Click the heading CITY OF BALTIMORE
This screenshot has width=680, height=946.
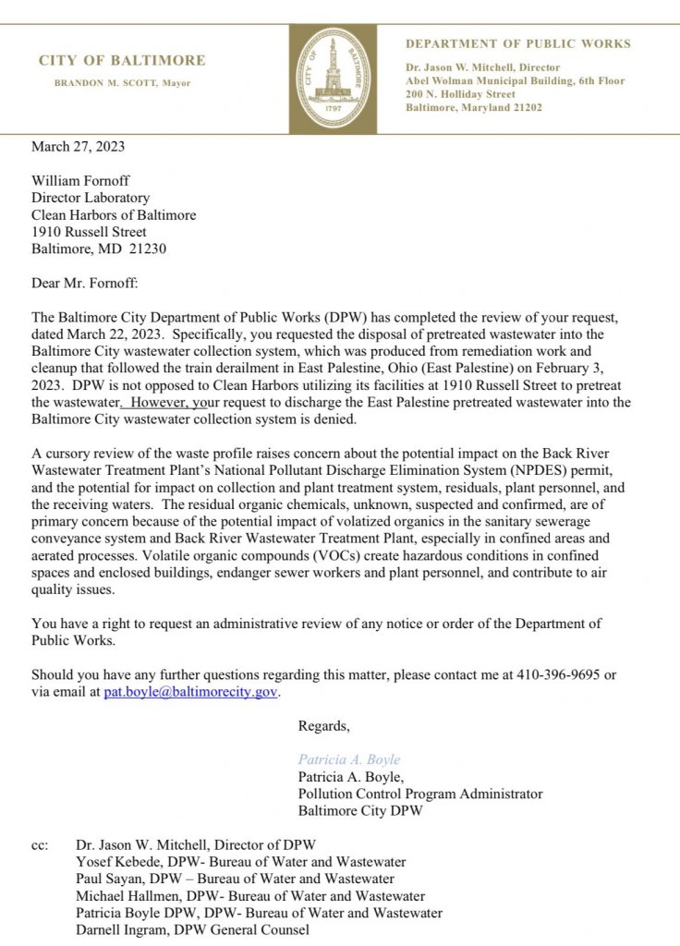[x=122, y=61]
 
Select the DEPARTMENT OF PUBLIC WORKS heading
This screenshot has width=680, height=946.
[x=518, y=43]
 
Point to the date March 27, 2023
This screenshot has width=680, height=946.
[x=78, y=146]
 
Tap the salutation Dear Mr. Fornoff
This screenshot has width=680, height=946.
[x=85, y=283]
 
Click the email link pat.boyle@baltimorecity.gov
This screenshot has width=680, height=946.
[x=189, y=691]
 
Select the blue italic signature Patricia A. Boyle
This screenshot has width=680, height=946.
[x=348, y=759]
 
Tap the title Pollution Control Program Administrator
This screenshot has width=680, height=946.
[x=419, y=794]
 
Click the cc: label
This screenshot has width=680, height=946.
[x=40, y=844]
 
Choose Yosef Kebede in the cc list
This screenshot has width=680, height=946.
[x=116, y=862]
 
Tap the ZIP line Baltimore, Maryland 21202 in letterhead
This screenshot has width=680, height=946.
[x=474, y=107]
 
